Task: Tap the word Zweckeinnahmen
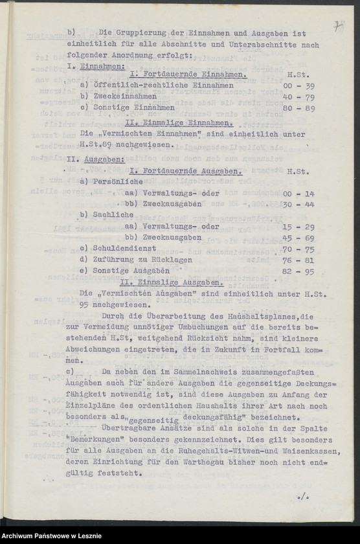pyautogui.click(x=121, y=97)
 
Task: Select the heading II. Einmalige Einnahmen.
pyautogui.click(x=178, y=122)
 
